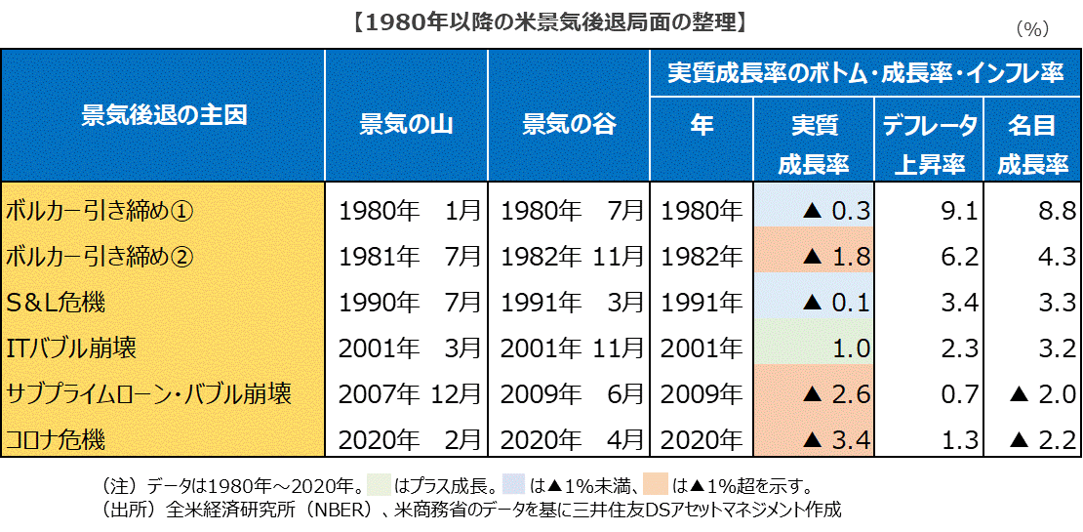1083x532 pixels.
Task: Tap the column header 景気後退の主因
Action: click(x=164, y=115)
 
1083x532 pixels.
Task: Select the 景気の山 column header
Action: click(x=406, y=124)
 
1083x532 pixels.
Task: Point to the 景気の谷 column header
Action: click(x=569, y=124)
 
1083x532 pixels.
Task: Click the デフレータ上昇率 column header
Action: click(x=930, y=143)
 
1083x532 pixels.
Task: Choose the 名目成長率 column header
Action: click(x=1032, y=143)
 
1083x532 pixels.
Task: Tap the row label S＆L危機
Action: click(x=58, y=301)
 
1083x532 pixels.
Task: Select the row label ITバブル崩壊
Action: click(x=71, y=347)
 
